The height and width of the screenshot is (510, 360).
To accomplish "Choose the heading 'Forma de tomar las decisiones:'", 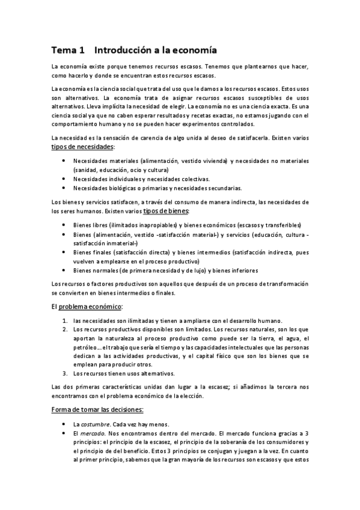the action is click(97, 410).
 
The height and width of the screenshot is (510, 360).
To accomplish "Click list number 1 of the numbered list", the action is click(65, 321).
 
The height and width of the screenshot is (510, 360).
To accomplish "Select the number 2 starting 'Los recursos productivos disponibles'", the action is click(65, 330).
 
